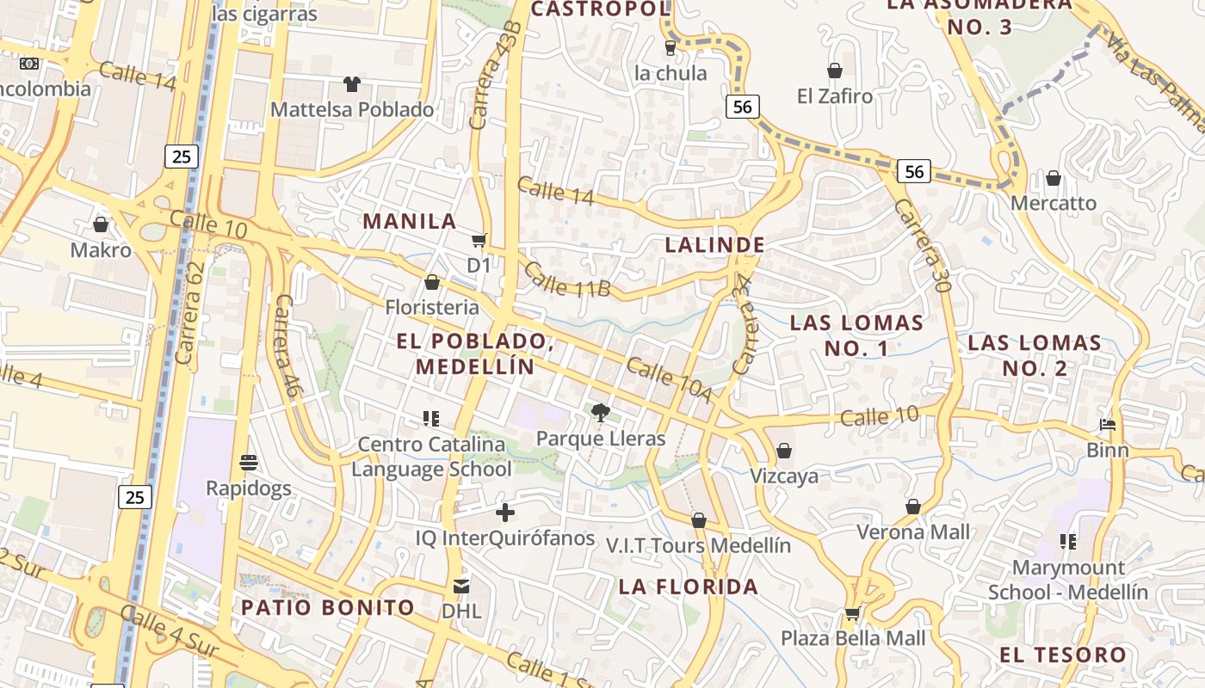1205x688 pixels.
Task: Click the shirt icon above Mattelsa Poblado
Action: click(352, 84)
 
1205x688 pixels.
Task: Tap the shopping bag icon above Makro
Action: click(101, 224)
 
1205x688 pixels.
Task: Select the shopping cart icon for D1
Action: click(479, 240)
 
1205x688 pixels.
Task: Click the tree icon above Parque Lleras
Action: click(601, 413)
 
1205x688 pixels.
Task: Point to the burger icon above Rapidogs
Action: click(250, 463)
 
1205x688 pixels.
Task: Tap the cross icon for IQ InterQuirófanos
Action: click(505, 513)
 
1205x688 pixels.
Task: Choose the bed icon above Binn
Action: click(1108, 425)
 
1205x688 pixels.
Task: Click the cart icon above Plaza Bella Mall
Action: click(853, 613)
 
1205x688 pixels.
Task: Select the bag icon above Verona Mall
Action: click(913, 507)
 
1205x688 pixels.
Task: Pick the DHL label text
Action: click(461, 611)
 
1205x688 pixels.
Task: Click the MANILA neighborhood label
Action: click(410, 221)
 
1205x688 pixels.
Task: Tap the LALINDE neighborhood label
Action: click(714, 245)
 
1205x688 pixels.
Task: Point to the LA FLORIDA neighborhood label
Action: click(689, 587)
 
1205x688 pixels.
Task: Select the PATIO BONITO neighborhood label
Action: click(328, 608)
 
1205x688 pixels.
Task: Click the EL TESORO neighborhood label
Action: click(1062, 655)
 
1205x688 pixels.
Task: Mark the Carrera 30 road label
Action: click(920, 246)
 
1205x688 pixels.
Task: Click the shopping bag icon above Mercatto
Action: click(1054, 178)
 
